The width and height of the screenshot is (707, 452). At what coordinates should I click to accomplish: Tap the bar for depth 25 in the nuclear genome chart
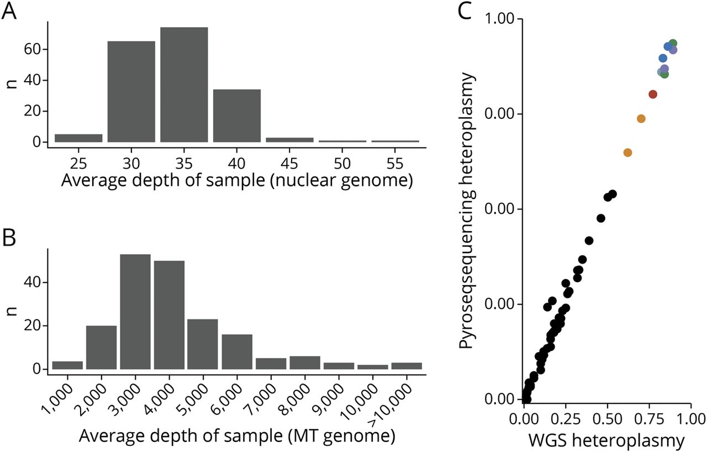[78, 138]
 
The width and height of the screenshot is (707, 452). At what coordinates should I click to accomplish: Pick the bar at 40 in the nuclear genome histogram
[236, 115]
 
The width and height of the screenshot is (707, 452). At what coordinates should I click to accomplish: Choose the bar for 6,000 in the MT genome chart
[237, 351]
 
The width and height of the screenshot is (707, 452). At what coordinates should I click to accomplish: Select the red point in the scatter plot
[653, 94]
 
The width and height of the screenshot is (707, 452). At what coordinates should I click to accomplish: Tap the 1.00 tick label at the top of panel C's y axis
[498, 19]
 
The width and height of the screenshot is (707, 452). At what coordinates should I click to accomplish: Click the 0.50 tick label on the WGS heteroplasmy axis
[608, 416]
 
